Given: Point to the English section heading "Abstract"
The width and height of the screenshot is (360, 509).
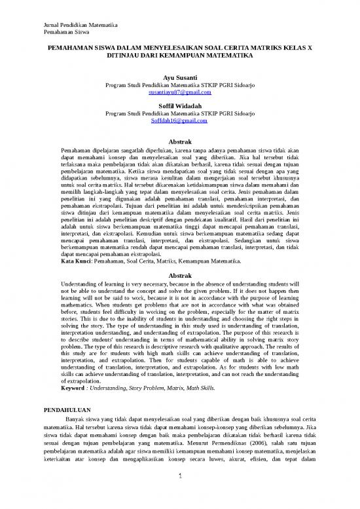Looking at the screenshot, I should pos(179,275).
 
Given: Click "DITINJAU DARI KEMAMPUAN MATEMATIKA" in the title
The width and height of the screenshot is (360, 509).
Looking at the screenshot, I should pos(179,57).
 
